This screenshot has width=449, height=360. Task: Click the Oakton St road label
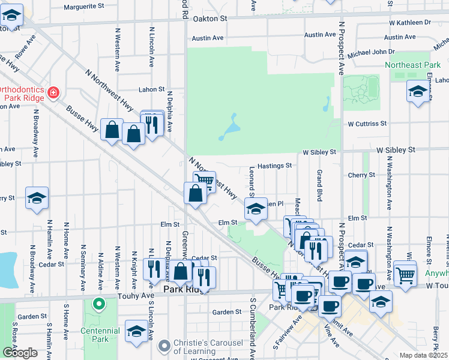[x=210, y=19]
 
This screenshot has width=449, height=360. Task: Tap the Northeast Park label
[x=416, y=65]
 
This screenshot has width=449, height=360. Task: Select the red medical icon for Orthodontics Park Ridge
[x=53, y=92]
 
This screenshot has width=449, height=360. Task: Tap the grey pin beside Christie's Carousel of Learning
[x=163, y=346]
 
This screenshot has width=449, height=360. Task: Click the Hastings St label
[x=274, y=165]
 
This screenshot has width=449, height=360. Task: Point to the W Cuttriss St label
[x=367, y=124]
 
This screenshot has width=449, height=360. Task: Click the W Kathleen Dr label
[x=410, y=22]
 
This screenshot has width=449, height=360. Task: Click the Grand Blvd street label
[x=320, y=185]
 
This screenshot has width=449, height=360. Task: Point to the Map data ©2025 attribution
[x=423, y=355]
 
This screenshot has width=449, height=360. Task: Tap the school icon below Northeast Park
[x=417, y=91]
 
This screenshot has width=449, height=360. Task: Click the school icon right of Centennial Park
[x=137, y=331]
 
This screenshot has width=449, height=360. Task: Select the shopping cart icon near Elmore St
[x=406, y=274]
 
